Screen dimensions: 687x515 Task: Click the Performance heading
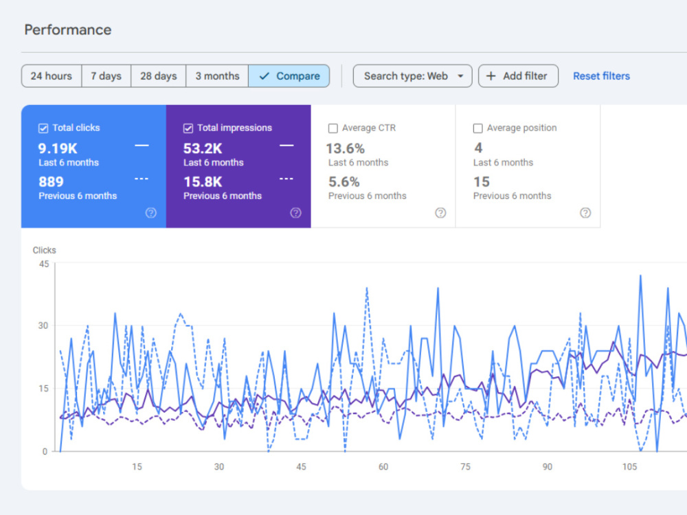(68, 30)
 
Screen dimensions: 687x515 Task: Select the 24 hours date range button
(52, 76)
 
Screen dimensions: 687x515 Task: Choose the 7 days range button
(106, 76)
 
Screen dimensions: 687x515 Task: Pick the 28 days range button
(159, 76)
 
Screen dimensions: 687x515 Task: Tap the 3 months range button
(217, 76)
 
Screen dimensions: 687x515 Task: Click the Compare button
(289, 76)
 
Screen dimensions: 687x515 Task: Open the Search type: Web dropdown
(413, 76)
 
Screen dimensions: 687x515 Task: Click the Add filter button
(518, 76)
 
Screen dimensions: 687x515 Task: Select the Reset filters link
(602, 76)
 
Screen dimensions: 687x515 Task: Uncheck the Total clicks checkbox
(43, 128)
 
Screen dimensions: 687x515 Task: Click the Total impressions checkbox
(188, 128)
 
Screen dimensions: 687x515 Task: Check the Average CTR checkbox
(333, 128)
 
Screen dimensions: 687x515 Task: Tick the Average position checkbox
(478, 128)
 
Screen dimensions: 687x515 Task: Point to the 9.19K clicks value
(58, 149)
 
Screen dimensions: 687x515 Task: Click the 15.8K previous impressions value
(203, 182)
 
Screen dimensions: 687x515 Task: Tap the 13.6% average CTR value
(346, 149)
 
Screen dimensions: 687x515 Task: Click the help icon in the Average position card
(585, 213)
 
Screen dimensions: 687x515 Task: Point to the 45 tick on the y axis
(44, 264)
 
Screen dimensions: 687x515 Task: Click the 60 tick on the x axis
(383, 467)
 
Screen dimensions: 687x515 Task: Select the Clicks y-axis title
(44, 250)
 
